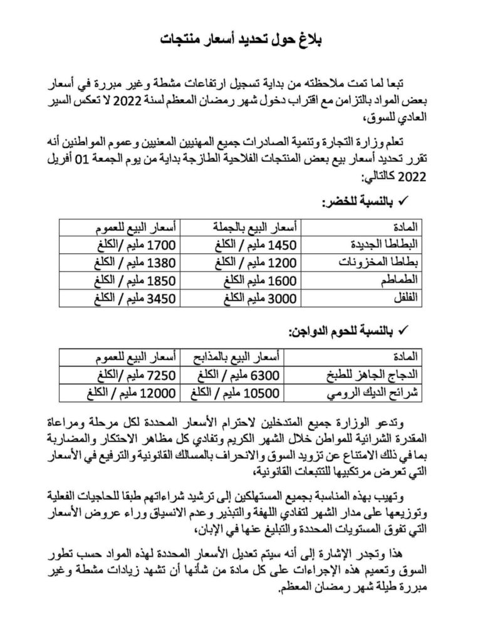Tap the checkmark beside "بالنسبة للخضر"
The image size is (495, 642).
[x=404, y=202]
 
